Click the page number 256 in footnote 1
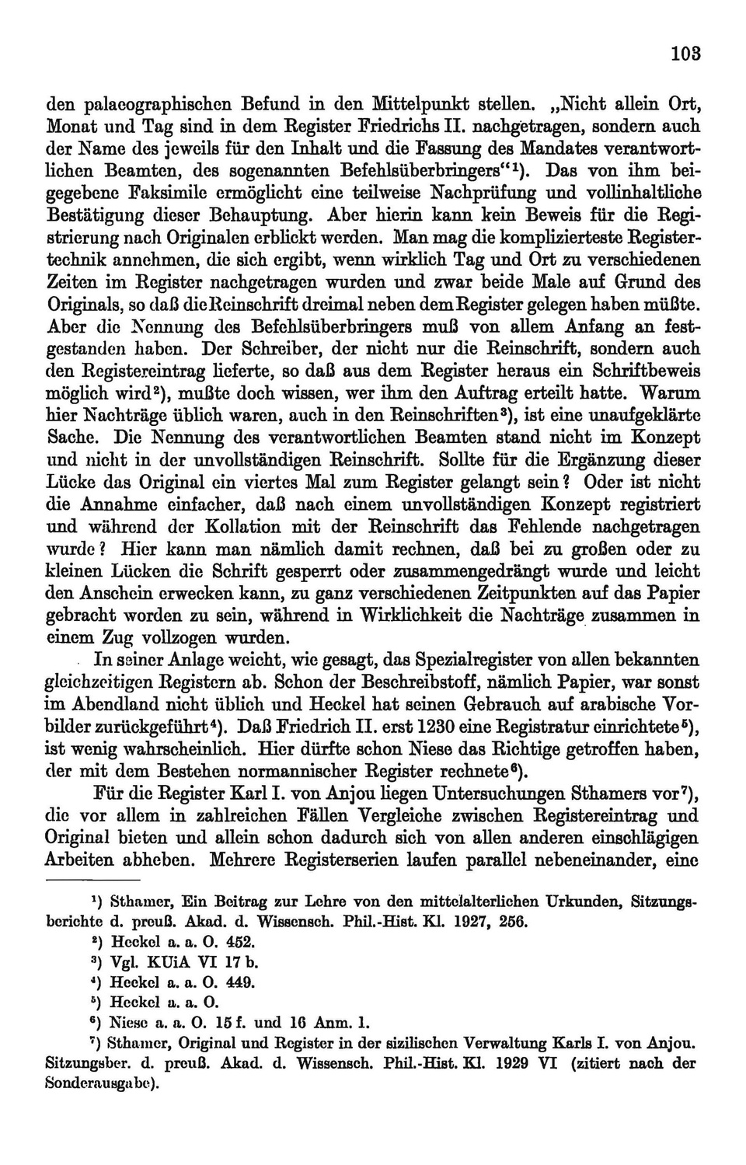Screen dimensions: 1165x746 tap(514, 922)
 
